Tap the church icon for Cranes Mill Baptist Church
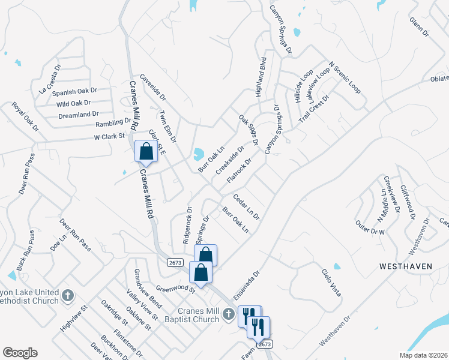(228, 313)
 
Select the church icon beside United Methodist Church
(68, 296)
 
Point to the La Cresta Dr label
(50, 79)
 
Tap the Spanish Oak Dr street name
(74, 92)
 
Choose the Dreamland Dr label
(78, 114)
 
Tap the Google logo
(20, 353)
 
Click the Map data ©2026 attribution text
(423, 355)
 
